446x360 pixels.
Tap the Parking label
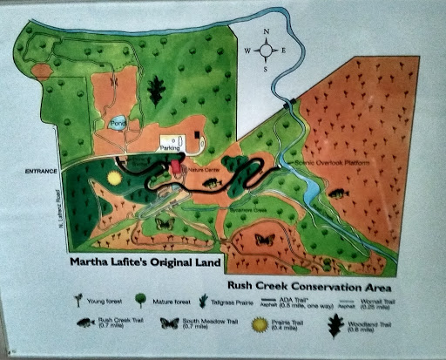click(170, 148)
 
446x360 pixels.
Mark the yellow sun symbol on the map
click(114, 178)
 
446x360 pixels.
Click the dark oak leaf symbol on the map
click(157, 90)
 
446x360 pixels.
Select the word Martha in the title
click(97, 259)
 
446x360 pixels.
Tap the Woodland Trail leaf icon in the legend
click(334, 324)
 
